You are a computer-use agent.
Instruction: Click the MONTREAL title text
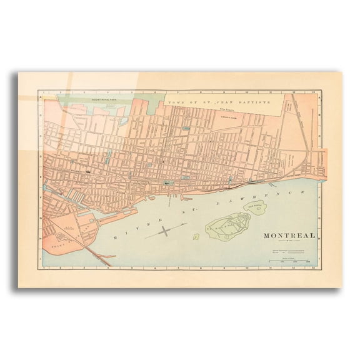coord(287,236)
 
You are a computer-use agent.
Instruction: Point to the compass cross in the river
coord(164,232)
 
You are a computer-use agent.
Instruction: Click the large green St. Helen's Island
coord(227,224)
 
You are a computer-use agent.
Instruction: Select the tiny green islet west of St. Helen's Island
coord(196,237)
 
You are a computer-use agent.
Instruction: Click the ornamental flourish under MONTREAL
coord(287,242)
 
